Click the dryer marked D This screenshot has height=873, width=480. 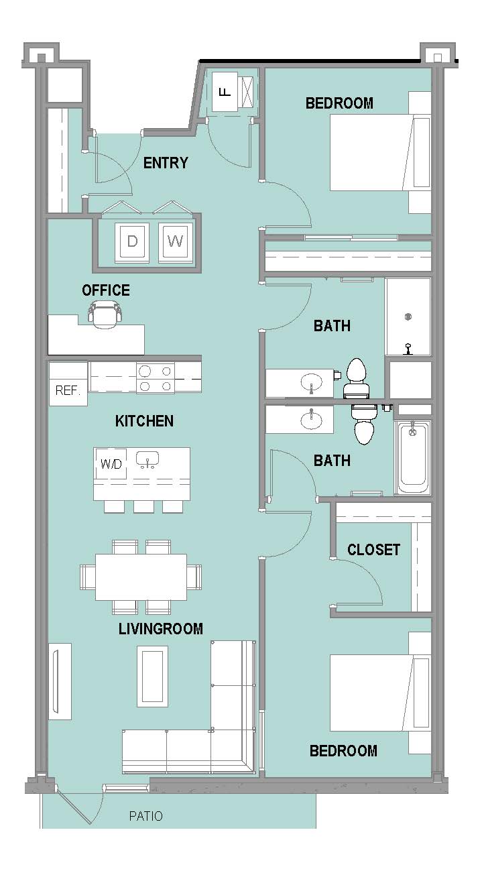point(133,241)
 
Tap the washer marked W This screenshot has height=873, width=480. point(176,241)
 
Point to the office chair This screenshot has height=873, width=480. point(105,314)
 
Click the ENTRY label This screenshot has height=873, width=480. point(166,163)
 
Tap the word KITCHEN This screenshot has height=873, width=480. point(144,421)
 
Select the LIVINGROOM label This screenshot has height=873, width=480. point(160,629)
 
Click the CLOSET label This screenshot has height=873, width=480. point(373,550)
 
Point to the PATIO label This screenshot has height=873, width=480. point(145,816)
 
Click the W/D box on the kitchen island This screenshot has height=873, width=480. point(111,464)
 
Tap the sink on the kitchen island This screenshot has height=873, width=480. point(147,460)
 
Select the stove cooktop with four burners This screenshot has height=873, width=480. point(156,377)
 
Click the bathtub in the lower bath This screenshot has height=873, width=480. point(413,457)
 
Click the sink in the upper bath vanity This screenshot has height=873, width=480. point(312,382)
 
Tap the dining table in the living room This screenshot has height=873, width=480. point(141,577)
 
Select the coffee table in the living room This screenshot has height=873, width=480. point(152,676)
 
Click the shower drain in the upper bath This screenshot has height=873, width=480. point(408,316)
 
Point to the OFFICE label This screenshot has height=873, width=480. point(105,290)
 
